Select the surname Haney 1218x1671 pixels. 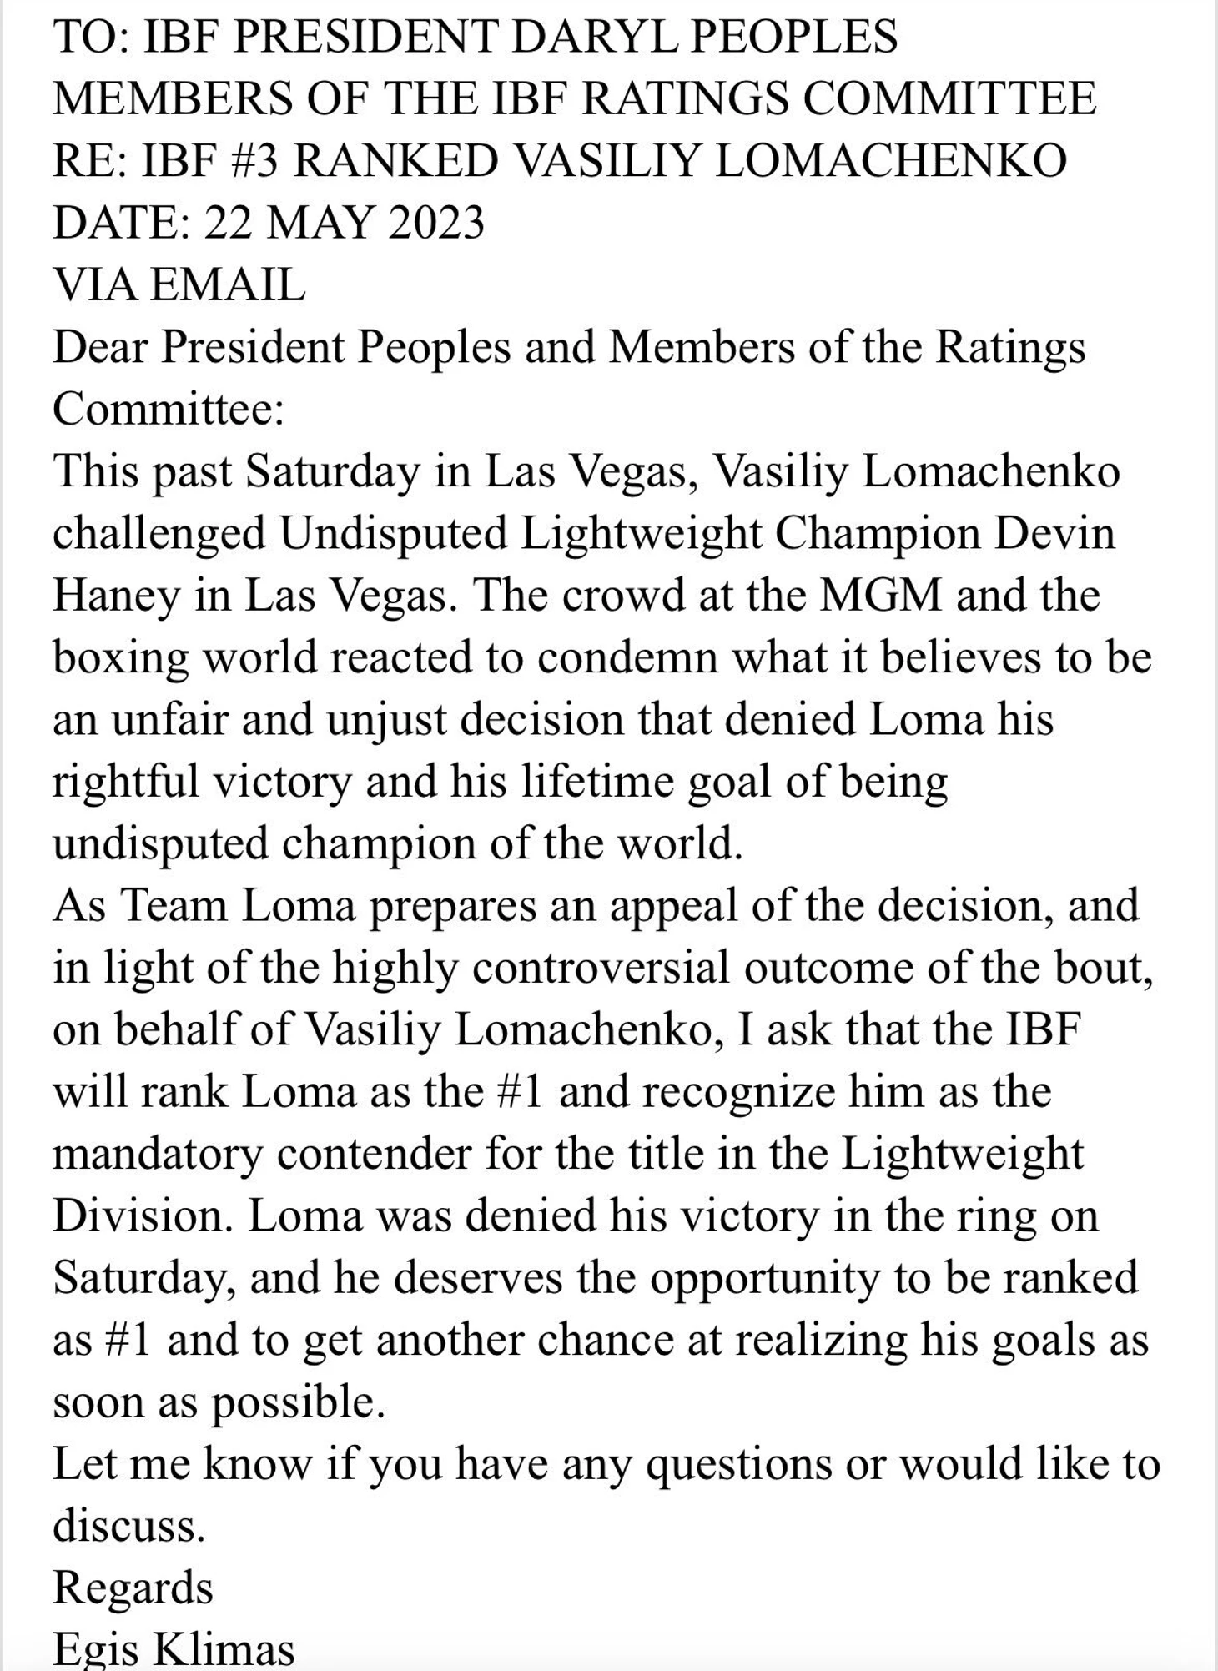pyautogui.click(x=115, y=595)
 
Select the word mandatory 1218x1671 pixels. pyautogui.click(x=158, y=1155)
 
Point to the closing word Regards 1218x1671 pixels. pyautogui.click(x=133, y=1589)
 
